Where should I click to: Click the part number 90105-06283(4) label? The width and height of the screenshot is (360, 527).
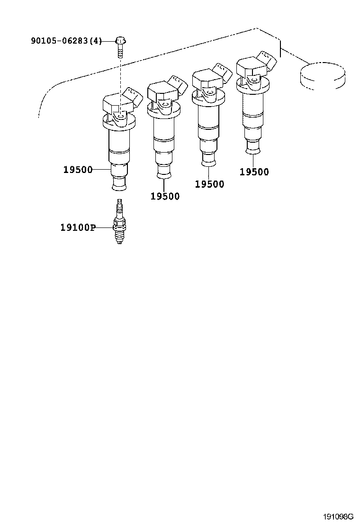66,41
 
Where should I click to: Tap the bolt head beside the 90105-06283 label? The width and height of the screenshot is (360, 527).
120,41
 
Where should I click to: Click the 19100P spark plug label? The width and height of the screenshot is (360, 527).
78,227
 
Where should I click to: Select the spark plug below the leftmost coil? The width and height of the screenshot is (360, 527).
119,221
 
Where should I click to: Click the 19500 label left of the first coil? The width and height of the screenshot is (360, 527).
78,170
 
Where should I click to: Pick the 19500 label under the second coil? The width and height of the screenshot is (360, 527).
165,196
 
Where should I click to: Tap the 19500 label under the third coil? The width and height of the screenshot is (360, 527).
209,184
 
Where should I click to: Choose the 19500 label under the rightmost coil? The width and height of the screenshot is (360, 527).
254,172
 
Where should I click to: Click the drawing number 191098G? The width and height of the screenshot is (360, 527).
339,516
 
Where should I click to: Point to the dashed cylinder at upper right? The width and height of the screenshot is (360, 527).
322,76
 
